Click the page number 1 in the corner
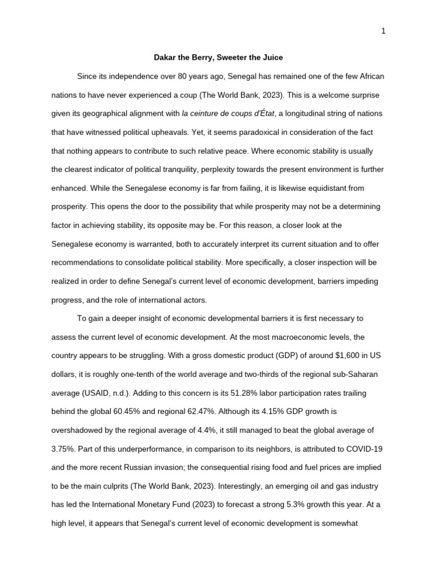[x=384, y=31]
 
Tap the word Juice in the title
[x=271, y=58]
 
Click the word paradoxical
[x=193, y=132]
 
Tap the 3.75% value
[x=63, y=448]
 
